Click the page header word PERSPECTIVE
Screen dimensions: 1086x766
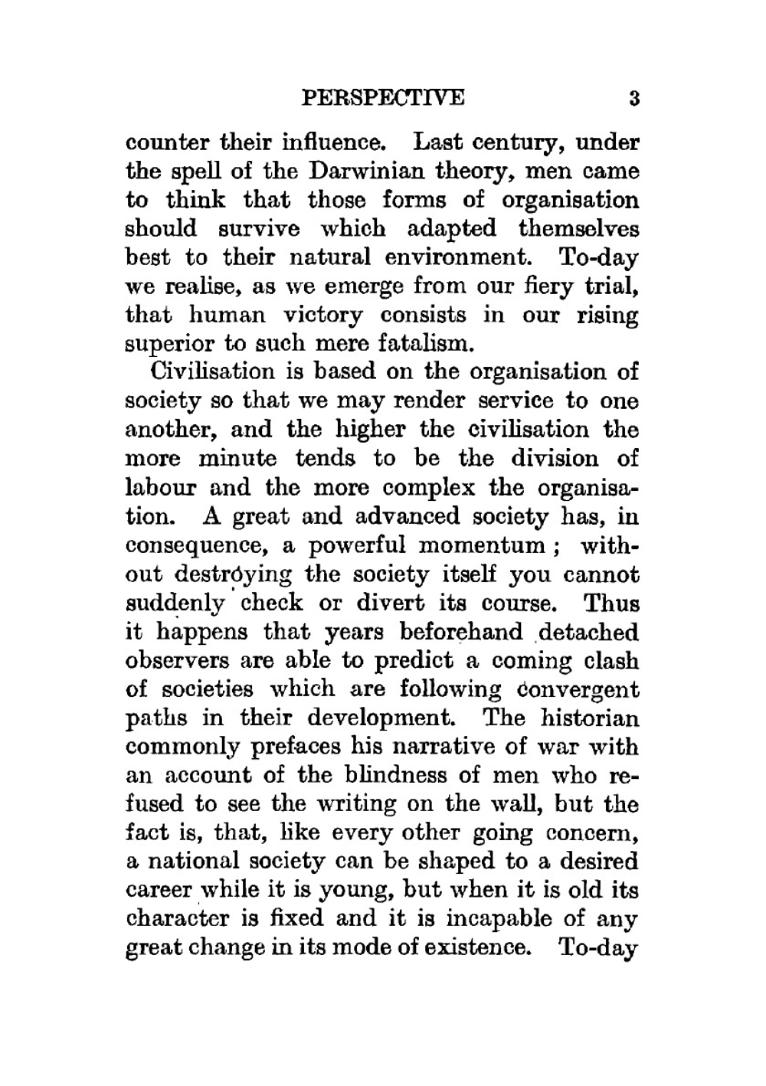pyautogui.click(x=383, y=99)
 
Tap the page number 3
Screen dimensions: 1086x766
pyautogui.click(x=633, y=99)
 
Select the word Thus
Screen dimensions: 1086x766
pyautogui.click(x=611, y=604)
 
